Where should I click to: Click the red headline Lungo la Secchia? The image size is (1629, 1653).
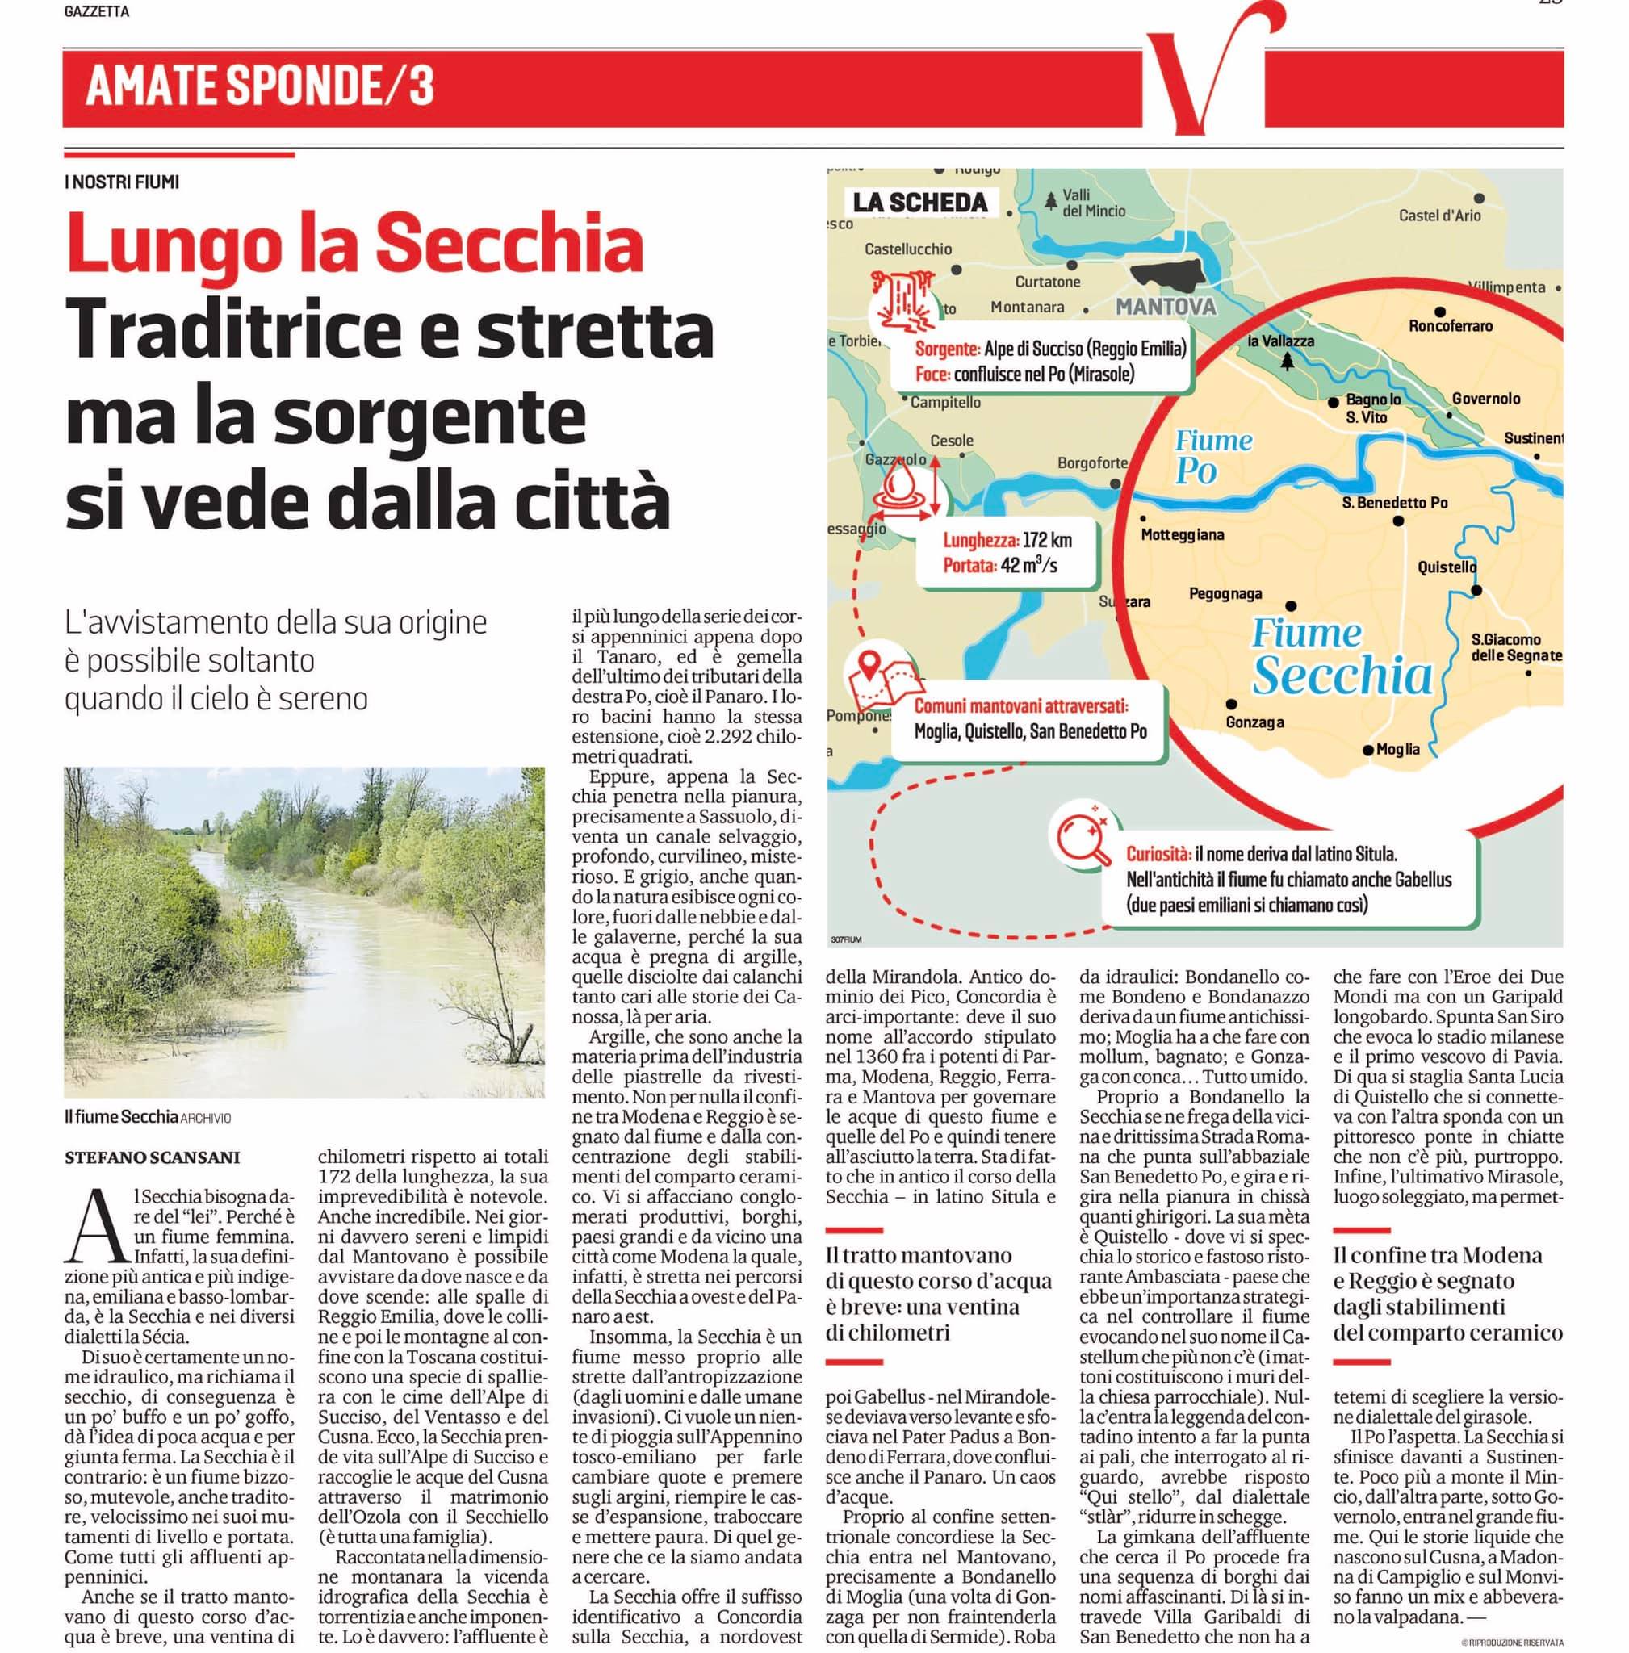tap(355, 242)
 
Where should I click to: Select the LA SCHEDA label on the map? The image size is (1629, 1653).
tap(920, 203)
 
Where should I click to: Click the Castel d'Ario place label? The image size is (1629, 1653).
tap(1439, 216)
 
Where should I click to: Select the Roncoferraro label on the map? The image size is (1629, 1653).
tap(1450, 326)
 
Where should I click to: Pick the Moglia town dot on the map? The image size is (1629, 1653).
tap(1368, 751)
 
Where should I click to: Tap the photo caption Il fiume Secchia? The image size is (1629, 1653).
tap(122, 1117)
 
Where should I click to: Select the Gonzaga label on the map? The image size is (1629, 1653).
tap(1254, 722)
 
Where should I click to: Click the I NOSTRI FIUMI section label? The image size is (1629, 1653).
tap(123, 182)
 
